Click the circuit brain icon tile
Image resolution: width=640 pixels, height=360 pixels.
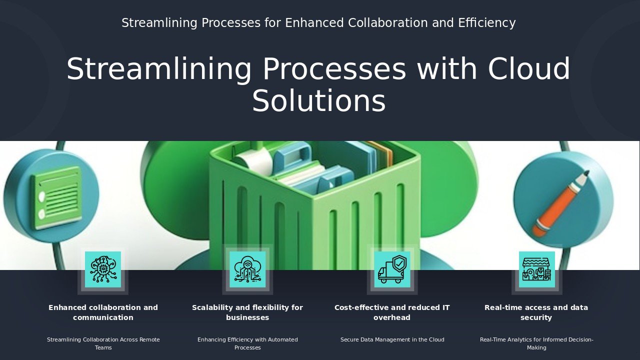[103, 269]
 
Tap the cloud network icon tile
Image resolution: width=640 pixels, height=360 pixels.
[247, 269]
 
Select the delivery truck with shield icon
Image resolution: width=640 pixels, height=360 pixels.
[392, 269]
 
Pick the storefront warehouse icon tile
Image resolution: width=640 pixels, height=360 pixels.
[537, 269]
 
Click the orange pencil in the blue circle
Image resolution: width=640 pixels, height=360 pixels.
[560, 203]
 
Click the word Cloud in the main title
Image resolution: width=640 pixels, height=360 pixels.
[529, 68]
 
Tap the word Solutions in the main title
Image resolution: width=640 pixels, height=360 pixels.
[319, 100]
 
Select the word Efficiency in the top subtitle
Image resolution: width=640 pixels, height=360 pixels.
[487, 23]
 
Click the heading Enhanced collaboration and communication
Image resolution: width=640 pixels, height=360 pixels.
[103, 312]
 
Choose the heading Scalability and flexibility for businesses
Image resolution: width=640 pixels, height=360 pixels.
[247, 312]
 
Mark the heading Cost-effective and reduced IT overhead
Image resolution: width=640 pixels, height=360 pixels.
[392, 312]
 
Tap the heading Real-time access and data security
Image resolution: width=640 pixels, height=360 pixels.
[536, 312]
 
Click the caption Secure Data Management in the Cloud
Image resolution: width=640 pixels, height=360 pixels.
[392, 339]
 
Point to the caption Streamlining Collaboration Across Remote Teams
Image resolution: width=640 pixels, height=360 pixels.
[103, 343]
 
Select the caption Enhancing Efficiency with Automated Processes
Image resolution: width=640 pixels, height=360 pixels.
[247, 343]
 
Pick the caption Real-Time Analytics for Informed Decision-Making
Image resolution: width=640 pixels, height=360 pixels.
[536, 343]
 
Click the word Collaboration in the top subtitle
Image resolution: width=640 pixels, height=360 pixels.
[387, 23]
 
